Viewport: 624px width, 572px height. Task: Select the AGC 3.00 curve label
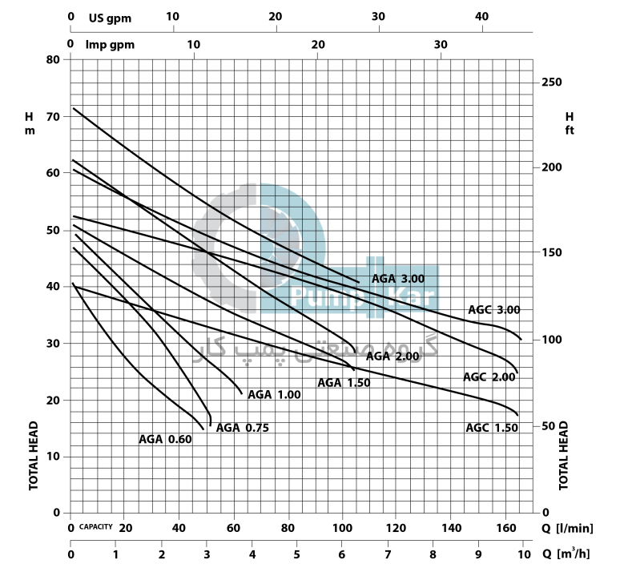click(x=494, y=310)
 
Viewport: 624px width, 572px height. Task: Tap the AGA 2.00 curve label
click(x=393, y=356)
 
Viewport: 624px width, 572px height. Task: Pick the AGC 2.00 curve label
click(x=489, y=377)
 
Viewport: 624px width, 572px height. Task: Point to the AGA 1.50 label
click(x=344, y=382)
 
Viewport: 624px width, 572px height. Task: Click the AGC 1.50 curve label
click(x=492, y=428)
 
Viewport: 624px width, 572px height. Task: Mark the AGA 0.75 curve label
click(x=242, y=428)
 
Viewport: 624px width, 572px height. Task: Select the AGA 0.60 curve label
click(x=165, y=439)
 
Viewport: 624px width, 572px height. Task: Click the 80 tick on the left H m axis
click(x=54, y=59)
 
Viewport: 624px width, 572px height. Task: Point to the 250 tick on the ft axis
click(x=552, y=83)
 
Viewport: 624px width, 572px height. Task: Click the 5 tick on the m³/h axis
click(x=297, y=555)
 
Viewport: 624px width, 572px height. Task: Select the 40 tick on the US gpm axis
click(x=481, y=17)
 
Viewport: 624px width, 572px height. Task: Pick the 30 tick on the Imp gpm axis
click(x=441, y=44)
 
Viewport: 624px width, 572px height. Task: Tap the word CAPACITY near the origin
click(x=95, y=527)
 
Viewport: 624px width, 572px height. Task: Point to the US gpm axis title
click(x=110, y=17)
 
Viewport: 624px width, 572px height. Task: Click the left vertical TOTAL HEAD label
click(x=34, y=455)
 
